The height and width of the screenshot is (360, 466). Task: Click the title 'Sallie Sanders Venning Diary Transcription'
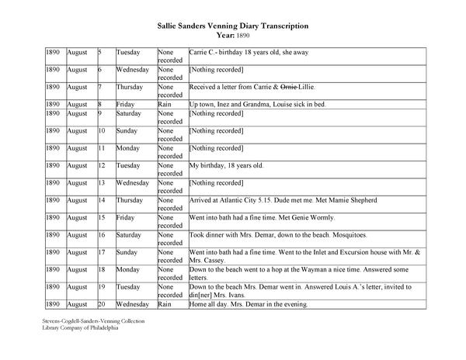233,26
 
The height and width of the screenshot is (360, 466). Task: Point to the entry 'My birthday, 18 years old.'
227,165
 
